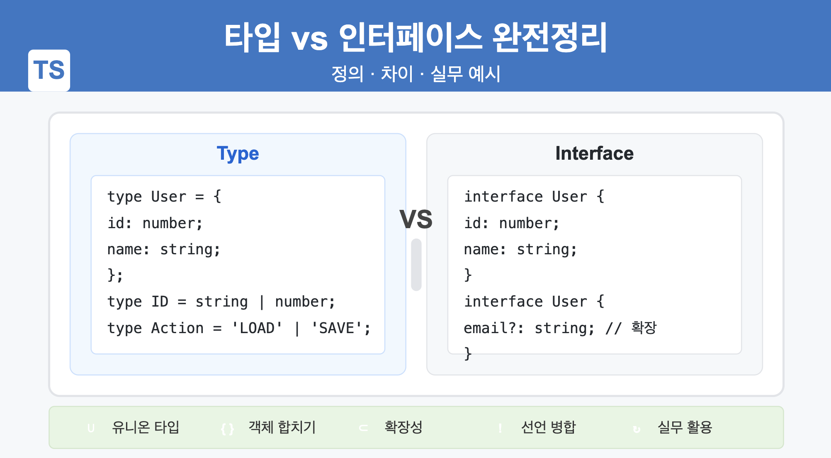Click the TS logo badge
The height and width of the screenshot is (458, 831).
click(49, 70)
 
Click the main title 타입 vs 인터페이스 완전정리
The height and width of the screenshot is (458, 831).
click(415, 37)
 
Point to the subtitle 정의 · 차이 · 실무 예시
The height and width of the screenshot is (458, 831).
click(415, 74)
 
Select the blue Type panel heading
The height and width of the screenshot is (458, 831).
click(238, 153)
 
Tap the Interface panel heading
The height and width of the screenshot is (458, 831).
click(594, 153)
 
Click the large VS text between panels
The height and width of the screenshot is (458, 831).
click(416, 219)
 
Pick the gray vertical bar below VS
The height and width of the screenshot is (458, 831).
click(416, 265)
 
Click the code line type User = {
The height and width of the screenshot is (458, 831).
click(164, 197)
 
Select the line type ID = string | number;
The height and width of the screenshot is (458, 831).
click(221, 302)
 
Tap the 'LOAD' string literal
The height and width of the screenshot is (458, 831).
click(257, 328)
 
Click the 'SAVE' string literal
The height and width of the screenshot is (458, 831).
click(336, 328)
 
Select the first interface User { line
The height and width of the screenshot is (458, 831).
click(534, 197)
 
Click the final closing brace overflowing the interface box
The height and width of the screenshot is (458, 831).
click(468, 354)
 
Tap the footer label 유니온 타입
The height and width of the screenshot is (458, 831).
click(146, 427)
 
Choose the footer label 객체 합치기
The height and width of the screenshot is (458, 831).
click(282, 427)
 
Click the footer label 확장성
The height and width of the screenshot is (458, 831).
click(403, 427)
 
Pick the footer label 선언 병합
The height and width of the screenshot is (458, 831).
click(548, 427)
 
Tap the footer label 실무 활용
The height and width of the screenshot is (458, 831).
click(685, 427)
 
